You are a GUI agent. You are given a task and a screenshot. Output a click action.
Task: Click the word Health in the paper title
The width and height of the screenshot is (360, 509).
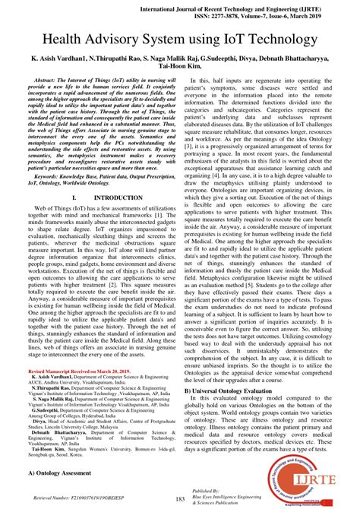point(74,39)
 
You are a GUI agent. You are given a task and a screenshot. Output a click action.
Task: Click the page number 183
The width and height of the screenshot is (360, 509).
point(180,498)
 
